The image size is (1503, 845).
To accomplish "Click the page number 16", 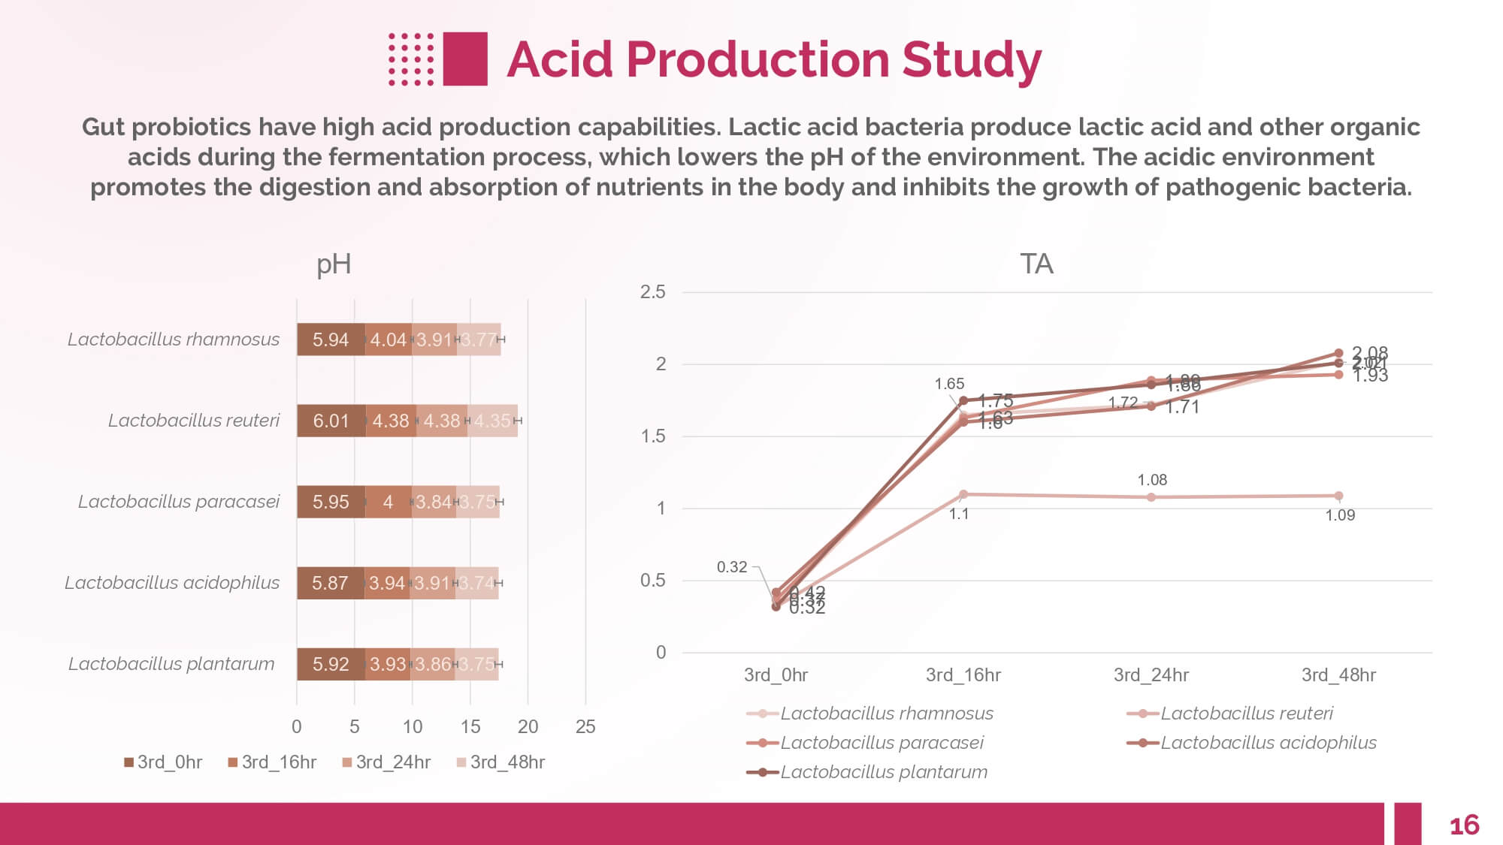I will (x=1464, y=825).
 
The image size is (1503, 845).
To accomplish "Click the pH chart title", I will (x=334, y=264).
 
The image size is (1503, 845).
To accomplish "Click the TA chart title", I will (x=1036, y=264).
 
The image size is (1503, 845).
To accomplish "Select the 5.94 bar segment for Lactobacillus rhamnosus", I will (x=331, y=340).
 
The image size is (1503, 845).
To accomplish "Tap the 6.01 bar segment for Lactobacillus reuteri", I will (x=331, y=421).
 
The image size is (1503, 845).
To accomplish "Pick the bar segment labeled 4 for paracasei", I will (x=388, y=502).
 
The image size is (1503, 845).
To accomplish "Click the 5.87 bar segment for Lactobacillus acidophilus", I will (x=330, y=583).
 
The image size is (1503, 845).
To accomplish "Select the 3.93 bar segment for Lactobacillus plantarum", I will (x=388, y=664).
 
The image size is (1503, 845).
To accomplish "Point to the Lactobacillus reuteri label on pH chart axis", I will (x=193, y=421).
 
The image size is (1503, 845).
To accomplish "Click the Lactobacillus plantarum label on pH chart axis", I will (x=171, y=664).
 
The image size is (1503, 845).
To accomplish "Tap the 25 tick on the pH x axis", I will (x=585, y=726).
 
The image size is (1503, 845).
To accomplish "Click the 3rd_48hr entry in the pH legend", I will (x=500, y=762).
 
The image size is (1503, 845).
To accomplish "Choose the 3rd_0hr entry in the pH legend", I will (x=163, y=762).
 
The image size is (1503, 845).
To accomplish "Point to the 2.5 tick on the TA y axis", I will (x=652, y=292).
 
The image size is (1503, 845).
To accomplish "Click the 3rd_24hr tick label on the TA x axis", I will (x=1151, y=675).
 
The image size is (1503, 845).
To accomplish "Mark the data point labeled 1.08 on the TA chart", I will (x=1151, y=497).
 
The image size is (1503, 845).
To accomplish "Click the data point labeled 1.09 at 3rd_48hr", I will (x=1338, y=496).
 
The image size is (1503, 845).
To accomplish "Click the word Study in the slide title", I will (x=971, y=60).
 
